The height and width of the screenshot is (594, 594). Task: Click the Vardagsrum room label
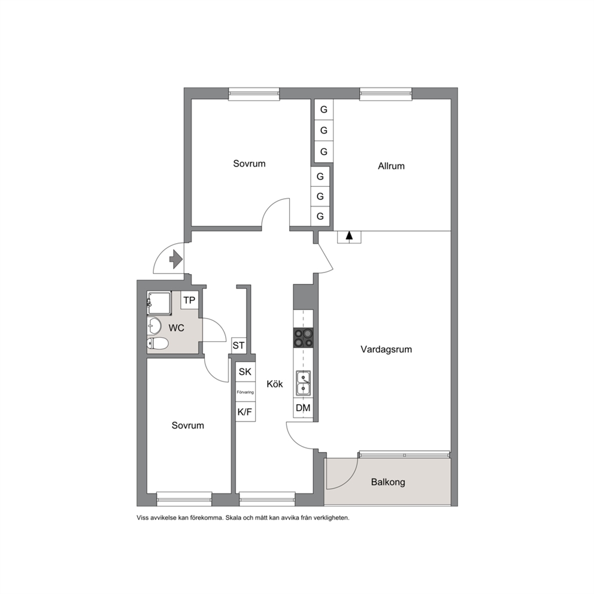[x=386, y=349]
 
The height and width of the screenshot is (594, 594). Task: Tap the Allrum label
[x=391, y=166]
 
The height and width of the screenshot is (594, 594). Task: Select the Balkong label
[x=388, y=482]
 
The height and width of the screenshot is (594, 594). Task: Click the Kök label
[x=275, y=384]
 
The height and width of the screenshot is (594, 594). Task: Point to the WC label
[x=176, y=328]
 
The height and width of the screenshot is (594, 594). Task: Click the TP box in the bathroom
[x=189, y=301]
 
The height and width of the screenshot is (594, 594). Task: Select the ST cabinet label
[x=238, y=346]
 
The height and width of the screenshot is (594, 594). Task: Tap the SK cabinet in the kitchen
[x=245, y=372]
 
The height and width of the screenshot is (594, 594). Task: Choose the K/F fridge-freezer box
[x=245, y=412]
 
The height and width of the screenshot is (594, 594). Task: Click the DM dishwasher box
[x=303, y=408]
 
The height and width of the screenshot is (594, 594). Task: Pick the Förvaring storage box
[x=245, y=392]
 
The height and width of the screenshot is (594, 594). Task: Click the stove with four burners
[x=303, y=338]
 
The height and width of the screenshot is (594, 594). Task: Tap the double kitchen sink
[x=303, y=383]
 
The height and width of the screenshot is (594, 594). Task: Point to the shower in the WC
[x=159, y=303]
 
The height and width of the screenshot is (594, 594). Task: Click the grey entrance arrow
[x=176, y=259]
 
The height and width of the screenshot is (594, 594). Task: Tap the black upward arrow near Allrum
[x=349, y=235]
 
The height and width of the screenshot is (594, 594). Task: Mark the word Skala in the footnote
[x=232, y=517]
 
